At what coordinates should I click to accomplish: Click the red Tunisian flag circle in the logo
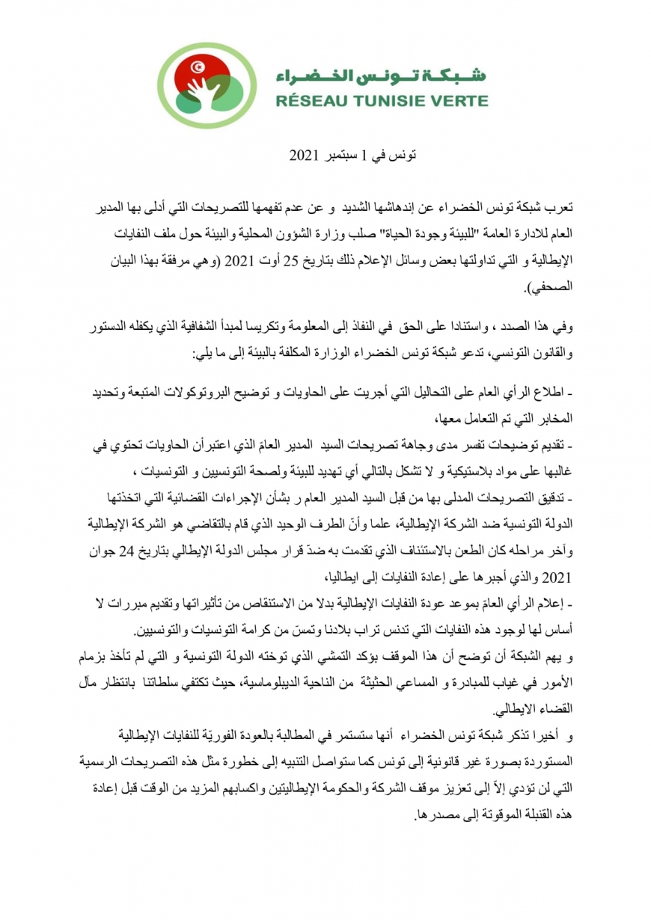pos(197,71)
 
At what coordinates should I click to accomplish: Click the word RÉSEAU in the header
pos(308,99)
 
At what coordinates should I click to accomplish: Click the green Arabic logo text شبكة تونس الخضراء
pos(381,75)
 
